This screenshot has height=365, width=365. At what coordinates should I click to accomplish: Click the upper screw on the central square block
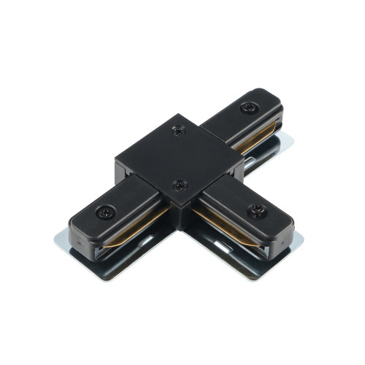(177, 131)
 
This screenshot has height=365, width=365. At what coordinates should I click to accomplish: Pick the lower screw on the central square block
(180, 185)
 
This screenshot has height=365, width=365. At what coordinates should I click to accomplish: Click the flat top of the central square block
(179, 157)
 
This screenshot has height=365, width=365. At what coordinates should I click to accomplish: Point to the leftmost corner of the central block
(115, 157)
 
